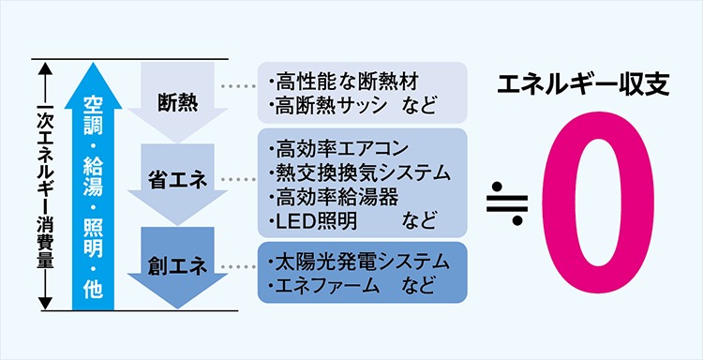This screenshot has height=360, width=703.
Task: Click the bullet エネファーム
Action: (x=320, y=283)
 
